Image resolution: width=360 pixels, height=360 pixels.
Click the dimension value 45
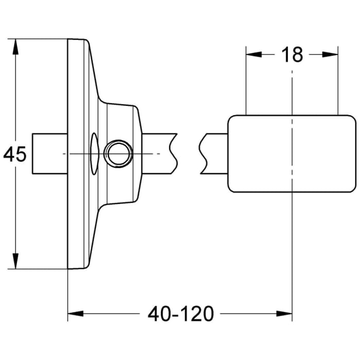coord(15,154)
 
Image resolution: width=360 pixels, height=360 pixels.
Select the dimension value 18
coord(292,54)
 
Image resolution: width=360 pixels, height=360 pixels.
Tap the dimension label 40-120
coord(180,313)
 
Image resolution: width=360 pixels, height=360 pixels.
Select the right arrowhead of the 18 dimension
coord(332,54)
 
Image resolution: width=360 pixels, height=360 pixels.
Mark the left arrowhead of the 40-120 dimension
coord(75,313)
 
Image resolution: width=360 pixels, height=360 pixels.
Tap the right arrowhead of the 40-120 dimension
coord(285,313)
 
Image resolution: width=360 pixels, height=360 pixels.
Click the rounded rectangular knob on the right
coord(292,154)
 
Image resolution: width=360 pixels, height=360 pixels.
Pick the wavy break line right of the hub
coord(174,154)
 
